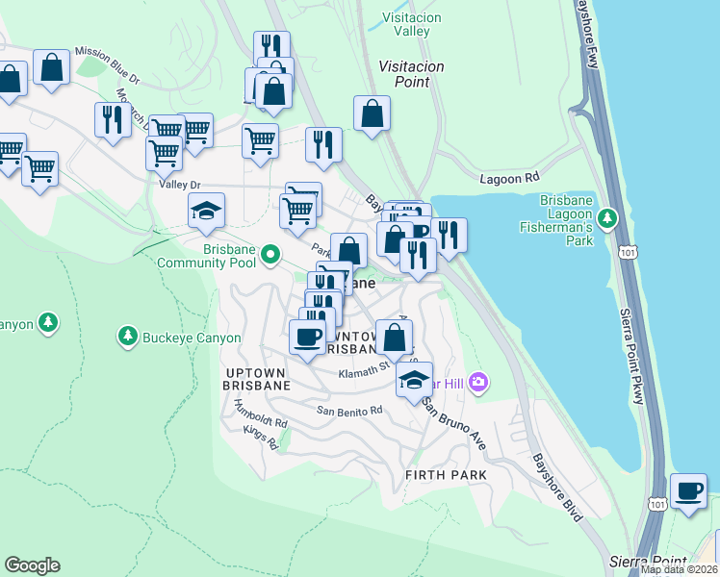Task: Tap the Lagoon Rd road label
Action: click(x=510, y=179)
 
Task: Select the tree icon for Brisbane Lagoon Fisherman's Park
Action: click(x=607, y=219)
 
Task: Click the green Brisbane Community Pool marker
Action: click(x=271, y=255)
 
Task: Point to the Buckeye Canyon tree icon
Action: click(x=126, y=336)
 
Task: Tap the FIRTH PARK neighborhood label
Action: click(x=446, y=475)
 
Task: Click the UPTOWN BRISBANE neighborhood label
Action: click(x=257, y=378)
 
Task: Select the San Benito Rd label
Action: click(x=350, y=410)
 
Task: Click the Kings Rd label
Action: click(x=260, y=439)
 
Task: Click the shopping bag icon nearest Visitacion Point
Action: click(x=372, y=113)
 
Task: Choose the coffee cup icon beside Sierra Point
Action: click(x=688, y=490)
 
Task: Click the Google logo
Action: click(x=32, y=565)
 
